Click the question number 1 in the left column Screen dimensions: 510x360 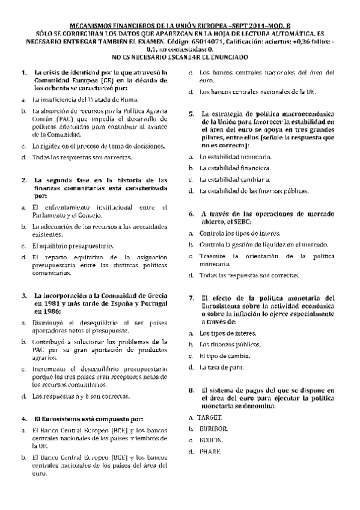coord(23,73)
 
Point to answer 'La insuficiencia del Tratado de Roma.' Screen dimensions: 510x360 coord(85,99)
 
